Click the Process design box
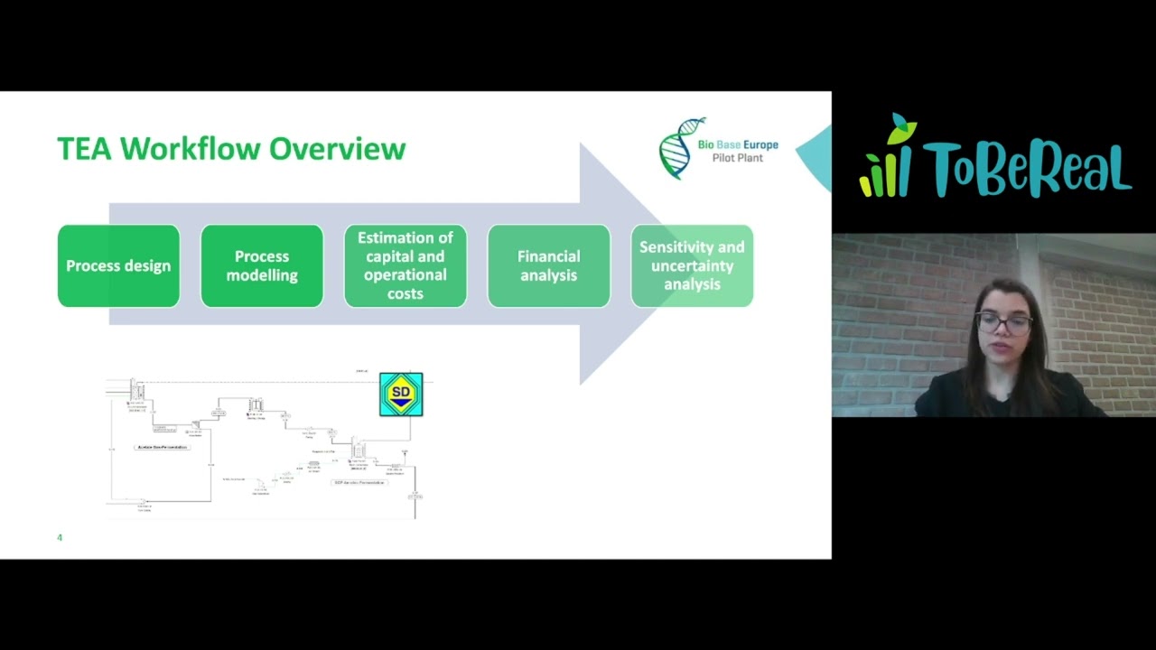(118, 266)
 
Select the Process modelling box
(262, 266)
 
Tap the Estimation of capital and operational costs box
(406, 265)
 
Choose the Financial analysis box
(548, 266)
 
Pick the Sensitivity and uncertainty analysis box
(692, 265)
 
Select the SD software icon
(401, 395)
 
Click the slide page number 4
(60, 538)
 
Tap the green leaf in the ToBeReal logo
(900, 129)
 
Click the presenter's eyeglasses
(1003, 323)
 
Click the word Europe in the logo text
(755, 145)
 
